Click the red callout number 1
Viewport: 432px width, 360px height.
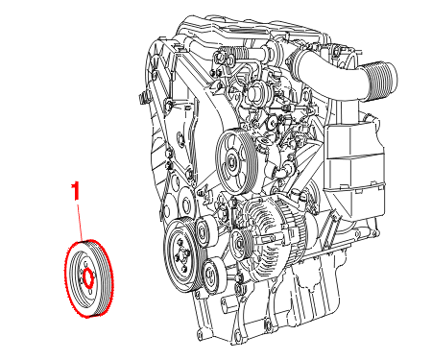point(76,191)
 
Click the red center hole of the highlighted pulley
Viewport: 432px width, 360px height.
point(88,277)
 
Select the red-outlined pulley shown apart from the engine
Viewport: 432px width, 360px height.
point(88,278)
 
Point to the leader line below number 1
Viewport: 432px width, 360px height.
point(80,222)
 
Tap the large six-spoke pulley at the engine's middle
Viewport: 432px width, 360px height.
point(236,160)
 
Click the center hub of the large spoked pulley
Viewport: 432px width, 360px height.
point(232,161)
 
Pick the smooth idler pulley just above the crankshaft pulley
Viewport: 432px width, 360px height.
point(204,231)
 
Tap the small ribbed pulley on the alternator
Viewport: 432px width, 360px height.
point(241,244)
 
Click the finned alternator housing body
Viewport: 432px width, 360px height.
point(275,235)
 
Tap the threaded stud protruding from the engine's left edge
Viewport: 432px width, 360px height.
point(143,97)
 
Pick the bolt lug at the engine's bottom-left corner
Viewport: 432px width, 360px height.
point(201,333)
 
